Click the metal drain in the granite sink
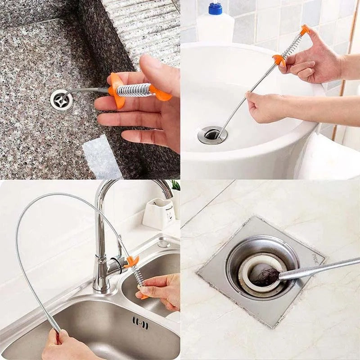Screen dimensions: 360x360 pyautogui.click(x=61, y=99)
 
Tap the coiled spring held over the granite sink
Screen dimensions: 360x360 pyautogui.click(x=134, y=90)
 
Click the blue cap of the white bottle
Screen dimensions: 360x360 pyautogui.click(x=215, y=8)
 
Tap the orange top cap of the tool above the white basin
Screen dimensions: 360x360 pyautogui.click(x=305, y=30)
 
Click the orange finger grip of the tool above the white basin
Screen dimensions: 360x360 pyautogui.click(x=279, y=60)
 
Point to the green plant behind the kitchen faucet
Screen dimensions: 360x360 pyautogui.click(x=175, y=185)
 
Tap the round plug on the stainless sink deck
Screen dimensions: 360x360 pyautogui.click(x=163, y=244)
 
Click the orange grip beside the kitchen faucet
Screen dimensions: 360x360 pyautogui.click(x=132, y=261)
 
